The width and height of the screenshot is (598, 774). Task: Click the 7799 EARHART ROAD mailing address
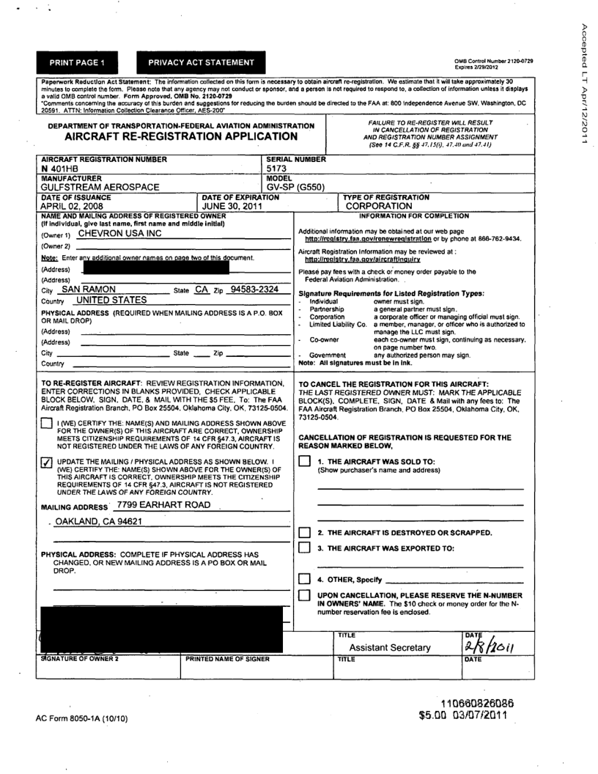(162, 505)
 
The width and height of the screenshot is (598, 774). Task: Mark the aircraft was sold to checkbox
(304, 460)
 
